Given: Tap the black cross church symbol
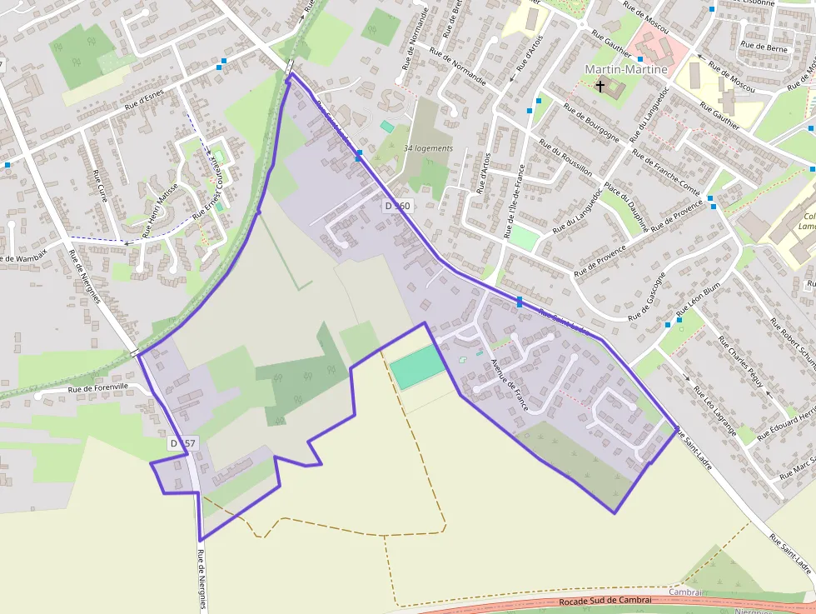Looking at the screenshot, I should (600, 86).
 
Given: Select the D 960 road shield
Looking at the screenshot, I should (397, 205).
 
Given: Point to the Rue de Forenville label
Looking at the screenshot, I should (98, 387).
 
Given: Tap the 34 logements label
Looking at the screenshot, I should (428, 148).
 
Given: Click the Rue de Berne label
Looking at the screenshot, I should (764, 48).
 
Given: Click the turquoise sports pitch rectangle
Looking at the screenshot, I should (418, 367).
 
